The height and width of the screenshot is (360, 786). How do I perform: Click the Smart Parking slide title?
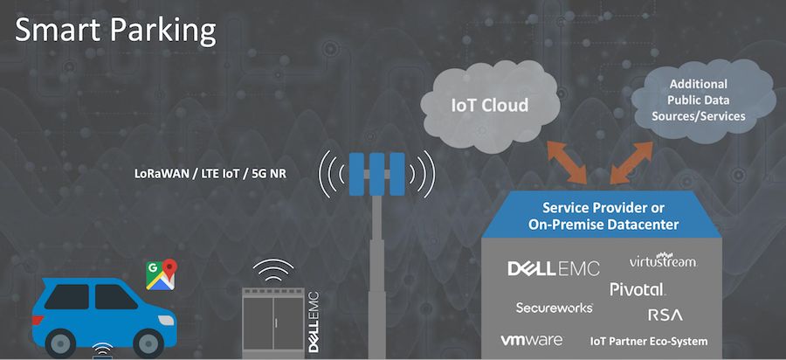tap(115, 30)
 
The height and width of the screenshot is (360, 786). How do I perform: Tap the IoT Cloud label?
tap(489, 106)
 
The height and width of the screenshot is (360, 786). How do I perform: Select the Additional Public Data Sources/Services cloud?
tap(706, 100)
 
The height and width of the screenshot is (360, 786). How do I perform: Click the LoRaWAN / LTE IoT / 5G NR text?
tap(209, 174)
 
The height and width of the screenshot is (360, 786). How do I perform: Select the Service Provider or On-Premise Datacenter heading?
tap(603, 216)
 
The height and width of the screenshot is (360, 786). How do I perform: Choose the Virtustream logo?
tap(664, 261)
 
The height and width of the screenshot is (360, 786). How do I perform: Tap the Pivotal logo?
tap(638, 288)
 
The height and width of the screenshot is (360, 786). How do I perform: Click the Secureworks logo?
tap(554, 308)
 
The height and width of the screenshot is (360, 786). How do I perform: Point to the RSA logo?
tap(665, 314)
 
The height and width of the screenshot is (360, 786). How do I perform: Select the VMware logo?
tap(531, 340)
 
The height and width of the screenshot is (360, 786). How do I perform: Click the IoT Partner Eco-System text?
tap(649, 341)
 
